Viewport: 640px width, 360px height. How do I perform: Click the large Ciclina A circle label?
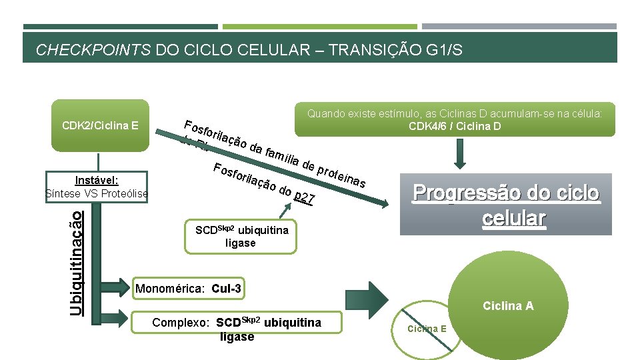[509, 306]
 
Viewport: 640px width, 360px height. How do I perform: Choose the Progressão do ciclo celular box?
[506, 205]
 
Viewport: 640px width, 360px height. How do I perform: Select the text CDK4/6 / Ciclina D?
[455, 126]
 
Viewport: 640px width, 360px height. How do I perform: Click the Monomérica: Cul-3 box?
[188, 289]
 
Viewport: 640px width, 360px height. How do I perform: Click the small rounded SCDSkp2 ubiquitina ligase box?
[241, 236]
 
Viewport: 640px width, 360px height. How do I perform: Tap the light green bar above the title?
[319, 27]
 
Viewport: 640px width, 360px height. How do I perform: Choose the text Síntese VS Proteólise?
[96, 193]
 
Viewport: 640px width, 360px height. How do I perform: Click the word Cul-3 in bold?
[226, 289]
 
